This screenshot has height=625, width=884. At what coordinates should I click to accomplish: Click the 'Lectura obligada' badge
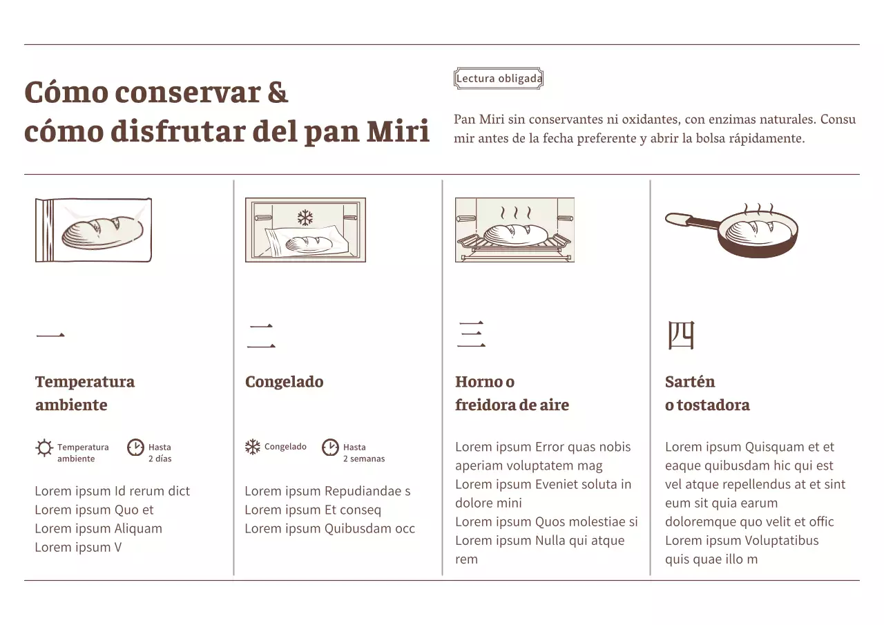tap(499, 79)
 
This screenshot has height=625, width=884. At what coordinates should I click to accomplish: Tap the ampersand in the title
tap(278, 92)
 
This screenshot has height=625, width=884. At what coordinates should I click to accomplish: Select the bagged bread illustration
tap(93, 230)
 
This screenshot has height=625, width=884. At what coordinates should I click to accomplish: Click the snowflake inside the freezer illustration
tap(305, 218)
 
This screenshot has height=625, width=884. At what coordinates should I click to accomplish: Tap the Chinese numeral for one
tap(50, 336)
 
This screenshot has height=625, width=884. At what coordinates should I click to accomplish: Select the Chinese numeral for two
tap(261, 336)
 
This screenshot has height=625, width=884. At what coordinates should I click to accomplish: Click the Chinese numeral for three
tap(471, 335)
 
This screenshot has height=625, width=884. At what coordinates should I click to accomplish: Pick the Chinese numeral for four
tap(680, 335)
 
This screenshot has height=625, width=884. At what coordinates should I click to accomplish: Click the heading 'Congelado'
tap(284, 382)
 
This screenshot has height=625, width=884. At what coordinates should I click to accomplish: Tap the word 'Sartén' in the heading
tap(689, 382)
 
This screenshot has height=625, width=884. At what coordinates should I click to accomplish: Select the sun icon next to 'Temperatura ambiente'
tap(44, 448)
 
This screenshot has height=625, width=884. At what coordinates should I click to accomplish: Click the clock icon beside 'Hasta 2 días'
tap(135, 448)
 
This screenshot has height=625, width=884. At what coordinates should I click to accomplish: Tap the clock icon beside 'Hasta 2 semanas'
tap(330, 448)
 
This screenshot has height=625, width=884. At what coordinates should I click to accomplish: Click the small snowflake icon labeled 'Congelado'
tap(253, 447)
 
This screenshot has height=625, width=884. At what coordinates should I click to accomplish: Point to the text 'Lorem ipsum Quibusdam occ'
tap(329, 529)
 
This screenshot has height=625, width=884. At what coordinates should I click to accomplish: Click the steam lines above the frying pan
tap(758, 209)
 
